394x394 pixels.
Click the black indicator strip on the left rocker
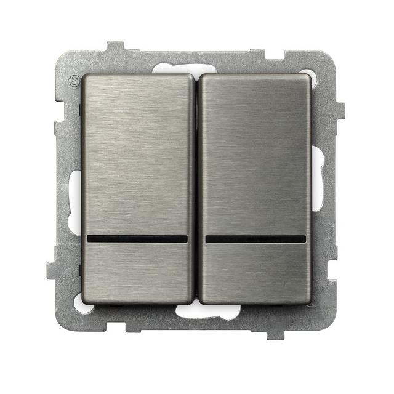coord(137,239)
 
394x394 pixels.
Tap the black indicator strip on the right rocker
coord(255,238)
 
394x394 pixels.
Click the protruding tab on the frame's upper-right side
coord(339,111)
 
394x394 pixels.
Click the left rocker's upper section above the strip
coord(137,154)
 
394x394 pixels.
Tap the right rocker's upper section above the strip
coord(255,154)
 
